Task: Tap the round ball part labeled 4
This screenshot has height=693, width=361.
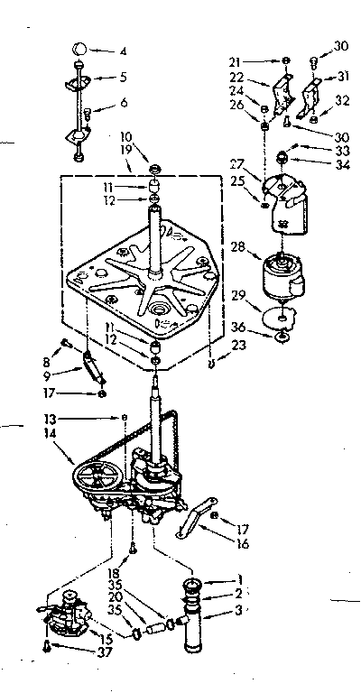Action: pos(80,49)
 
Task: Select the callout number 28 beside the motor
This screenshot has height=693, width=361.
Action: pos(237,245)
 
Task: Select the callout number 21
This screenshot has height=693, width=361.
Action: pos(236,61)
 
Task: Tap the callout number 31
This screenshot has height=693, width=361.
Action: pos(340,76)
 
